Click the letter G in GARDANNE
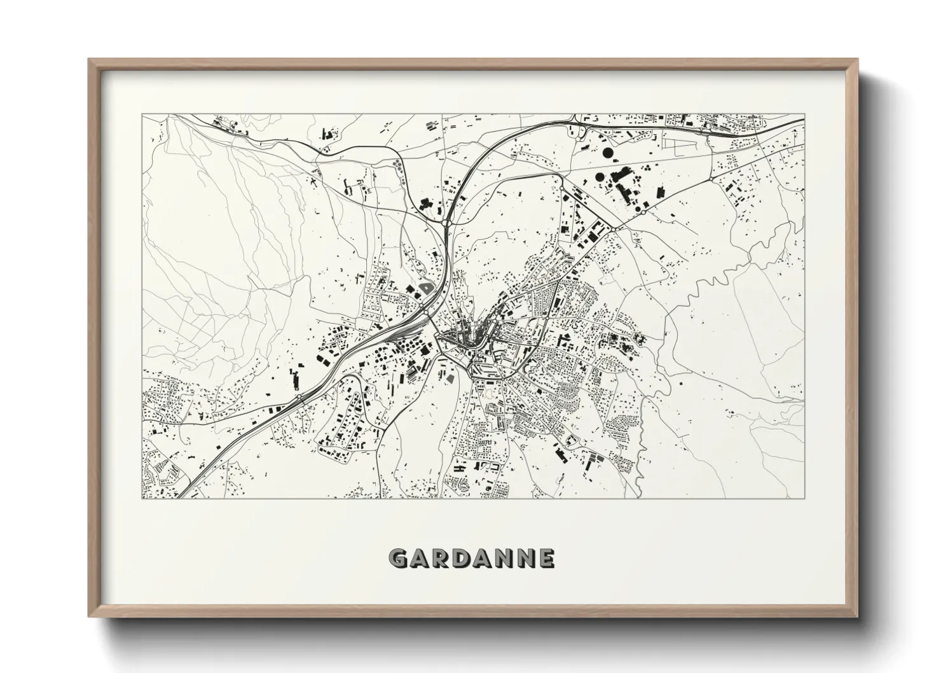tap(399, 559)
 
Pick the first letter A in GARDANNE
tap(422, 559)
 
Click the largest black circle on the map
tap(608, 153)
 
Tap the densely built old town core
tap(461, 340)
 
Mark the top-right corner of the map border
tap(804, 114)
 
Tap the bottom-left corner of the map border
tap(142, 498)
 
